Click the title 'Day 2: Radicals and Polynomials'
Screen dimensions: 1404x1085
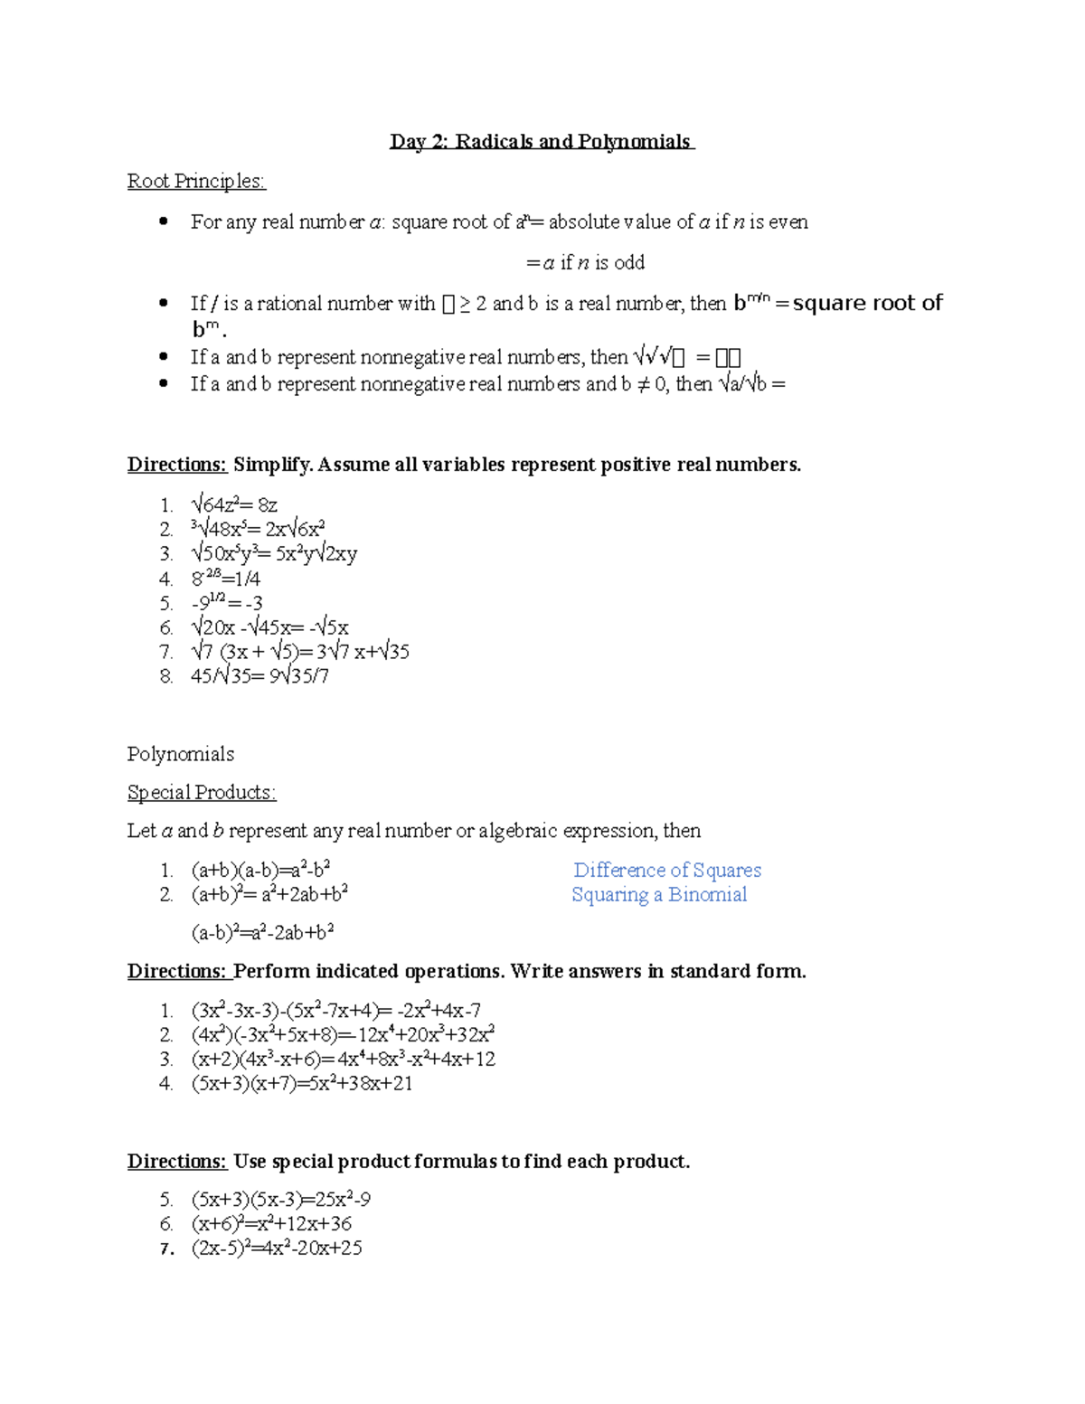pyautogui.click(x=541, y=142)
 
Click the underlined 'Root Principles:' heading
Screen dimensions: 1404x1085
pyautogui.click(x=196, y=182)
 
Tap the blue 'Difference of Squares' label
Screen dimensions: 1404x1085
pyautogui.click(x=667, y=871)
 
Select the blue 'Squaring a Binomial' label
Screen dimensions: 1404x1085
pyautogui.click(x=659, y=895)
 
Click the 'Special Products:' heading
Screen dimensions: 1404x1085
pyautogui.click(x=201, y=793)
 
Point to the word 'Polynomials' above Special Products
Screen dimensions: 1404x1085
pyautogui.click(x=181, y=754)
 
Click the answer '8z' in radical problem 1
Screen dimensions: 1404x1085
pyautogui.click(x=268, y=505)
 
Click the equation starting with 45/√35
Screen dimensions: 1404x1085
pyautogui.click(x=259, y=676)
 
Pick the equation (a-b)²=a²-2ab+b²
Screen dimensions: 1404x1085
pyautogui.click(x=262, y=932)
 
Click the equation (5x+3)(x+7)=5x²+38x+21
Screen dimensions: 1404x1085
pyautogui.click(x=302, y=1083)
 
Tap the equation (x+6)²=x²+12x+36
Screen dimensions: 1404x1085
pyautogui.click(x=271, y=1224)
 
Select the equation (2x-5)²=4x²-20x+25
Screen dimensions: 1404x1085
pyautogui.click(x=277, y=1249)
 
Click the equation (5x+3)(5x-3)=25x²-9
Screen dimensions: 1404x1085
pyautogui.click(x=280, y=1200)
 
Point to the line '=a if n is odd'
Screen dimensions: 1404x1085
pyautogui.click(x=585, y=263)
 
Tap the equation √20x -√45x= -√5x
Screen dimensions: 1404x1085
pyautogui.click(x=269, y=627)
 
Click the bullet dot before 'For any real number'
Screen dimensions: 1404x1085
pyautogui.click(x=164, y=221)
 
